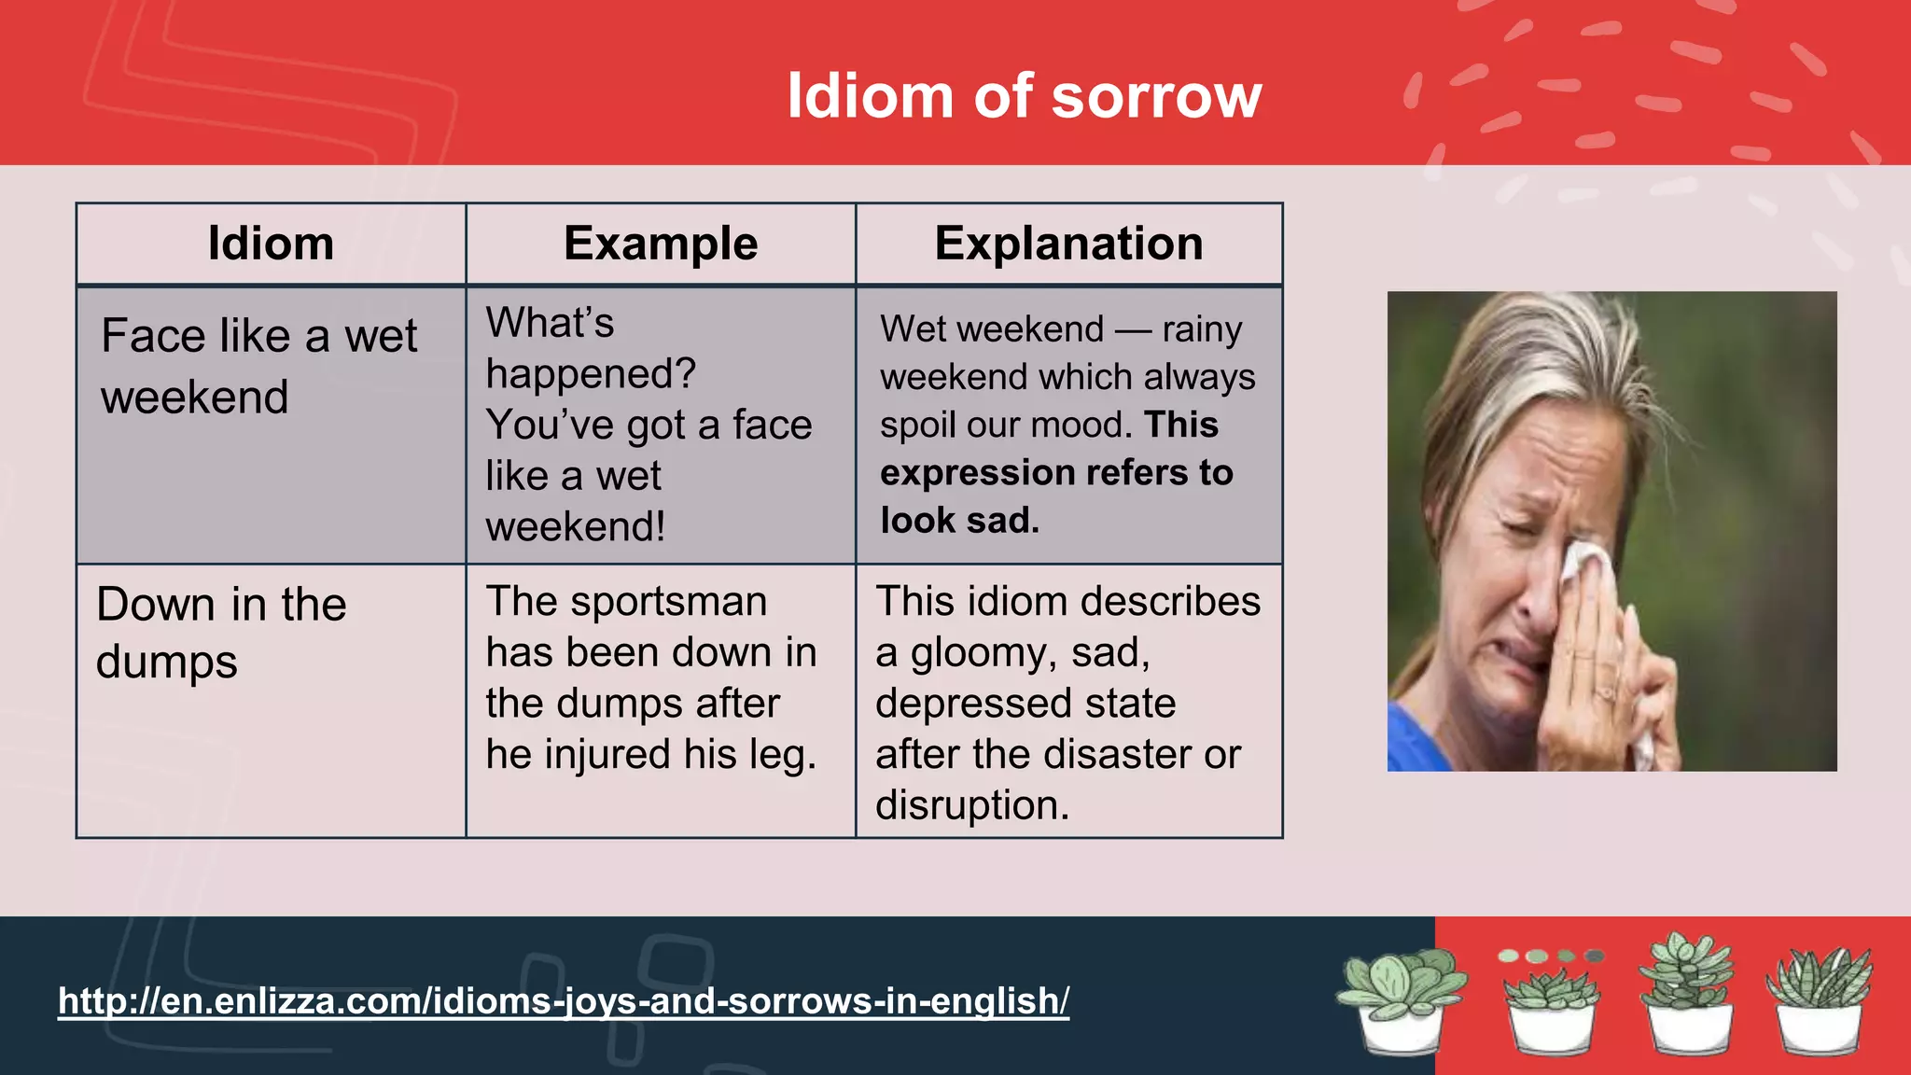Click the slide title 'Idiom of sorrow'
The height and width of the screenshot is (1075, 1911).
coord(1024,96)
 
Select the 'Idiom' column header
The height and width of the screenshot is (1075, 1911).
coord(271,244)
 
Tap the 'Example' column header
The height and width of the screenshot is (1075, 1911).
coord(661,244)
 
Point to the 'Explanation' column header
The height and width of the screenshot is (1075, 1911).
coord(1068,244)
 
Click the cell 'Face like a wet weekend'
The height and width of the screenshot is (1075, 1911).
coord(258,366)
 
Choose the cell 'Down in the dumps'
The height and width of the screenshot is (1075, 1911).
coord(221,633)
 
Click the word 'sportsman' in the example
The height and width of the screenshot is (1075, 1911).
coord(668,601)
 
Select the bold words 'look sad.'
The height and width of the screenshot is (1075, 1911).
coord(959,521)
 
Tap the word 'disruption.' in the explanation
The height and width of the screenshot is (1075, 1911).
coord(971,804)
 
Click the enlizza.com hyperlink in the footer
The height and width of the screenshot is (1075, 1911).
coord(563,1000)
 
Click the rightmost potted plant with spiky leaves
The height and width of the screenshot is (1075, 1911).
coord(1819,998)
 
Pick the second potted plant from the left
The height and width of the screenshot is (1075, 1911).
coord(1551,1003)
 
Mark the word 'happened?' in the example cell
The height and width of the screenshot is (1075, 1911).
coord(591,373)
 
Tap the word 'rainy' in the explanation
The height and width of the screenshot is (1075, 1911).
coord(1202,329)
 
